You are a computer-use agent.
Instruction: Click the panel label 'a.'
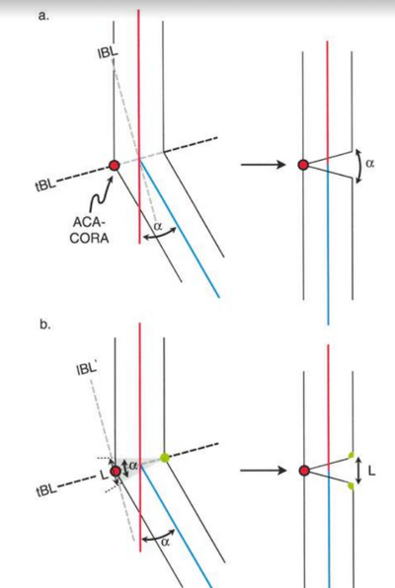point(43,16)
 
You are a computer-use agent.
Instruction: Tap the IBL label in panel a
point(108,52)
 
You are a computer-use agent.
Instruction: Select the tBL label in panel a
point(45,184)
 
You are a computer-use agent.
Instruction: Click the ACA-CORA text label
point(89,230)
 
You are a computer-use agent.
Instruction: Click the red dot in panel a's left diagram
point(115,165)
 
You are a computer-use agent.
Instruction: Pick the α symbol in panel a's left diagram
point(158,226)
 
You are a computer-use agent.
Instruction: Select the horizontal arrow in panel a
point(264,164)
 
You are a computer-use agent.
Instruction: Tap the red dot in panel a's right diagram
point(303,165)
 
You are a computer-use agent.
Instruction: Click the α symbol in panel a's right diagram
point(370,163)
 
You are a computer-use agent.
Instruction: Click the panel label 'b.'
point(44,325)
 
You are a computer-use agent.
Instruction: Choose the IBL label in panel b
point(86,369)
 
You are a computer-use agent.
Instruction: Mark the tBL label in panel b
point(46,489)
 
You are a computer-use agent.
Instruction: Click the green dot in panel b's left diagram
point(165,458)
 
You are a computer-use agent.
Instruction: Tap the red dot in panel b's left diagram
point(116,471)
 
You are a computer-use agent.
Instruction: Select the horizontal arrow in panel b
point(264,471)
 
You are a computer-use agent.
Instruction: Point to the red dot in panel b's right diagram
point(304,471)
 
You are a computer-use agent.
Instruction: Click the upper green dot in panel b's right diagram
point(352,456)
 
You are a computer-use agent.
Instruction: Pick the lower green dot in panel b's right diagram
point(351,486)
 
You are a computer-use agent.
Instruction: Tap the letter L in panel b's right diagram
point(371,471)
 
